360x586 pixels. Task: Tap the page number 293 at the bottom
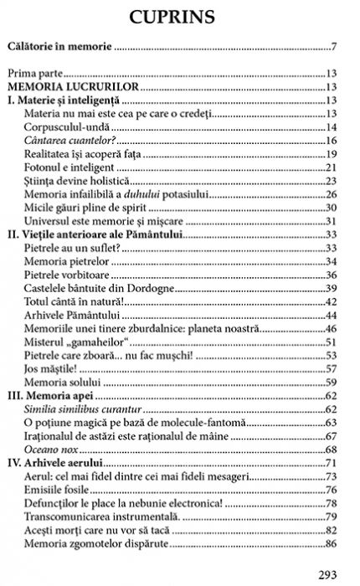pyautogui.click(x=329, y=575)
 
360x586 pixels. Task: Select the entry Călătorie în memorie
pyautogui.click(x=63, y=47)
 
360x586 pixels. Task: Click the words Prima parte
pyautogui.click(x=49, y=74)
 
